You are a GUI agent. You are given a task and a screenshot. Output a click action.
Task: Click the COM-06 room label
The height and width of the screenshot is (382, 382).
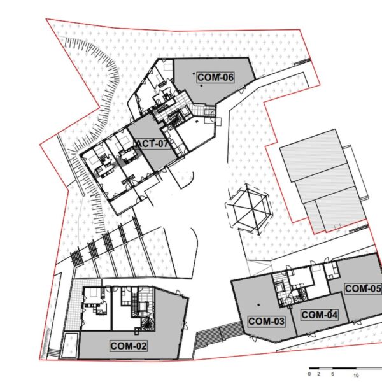(x=215, y=78)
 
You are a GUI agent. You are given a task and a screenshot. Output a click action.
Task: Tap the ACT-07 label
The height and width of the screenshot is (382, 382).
(x=153, y=144)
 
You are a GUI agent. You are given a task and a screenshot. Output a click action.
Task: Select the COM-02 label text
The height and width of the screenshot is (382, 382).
(x=129, y=346)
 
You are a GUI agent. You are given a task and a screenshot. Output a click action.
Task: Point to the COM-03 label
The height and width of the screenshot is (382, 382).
(x=266, y=322)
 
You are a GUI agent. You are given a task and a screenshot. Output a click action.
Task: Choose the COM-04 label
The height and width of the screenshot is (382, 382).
(x=320, y=315)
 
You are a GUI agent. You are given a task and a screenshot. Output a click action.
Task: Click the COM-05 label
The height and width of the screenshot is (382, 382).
(x=363, y=288)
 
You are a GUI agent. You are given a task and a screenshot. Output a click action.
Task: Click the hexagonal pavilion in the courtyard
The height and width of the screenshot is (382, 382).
(x=249, y=209)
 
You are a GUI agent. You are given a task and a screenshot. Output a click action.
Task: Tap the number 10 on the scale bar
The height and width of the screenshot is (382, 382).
(x=356, y=376)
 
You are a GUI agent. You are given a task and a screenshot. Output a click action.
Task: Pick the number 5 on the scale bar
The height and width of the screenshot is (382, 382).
(x=332, y=374)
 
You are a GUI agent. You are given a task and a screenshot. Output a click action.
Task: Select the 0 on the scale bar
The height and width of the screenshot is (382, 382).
(x=309, y=374)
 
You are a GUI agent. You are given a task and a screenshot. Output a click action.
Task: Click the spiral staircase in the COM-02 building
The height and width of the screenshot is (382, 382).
(x=148, y=324)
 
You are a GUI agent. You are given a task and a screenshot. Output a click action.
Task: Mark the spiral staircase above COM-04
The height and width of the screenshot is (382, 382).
(x=301, y=295)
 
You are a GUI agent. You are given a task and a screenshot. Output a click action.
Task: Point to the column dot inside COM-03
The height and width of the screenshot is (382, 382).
(x=258, y=304)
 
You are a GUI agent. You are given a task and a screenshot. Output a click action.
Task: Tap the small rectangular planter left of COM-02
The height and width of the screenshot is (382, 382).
(x=69, y=345)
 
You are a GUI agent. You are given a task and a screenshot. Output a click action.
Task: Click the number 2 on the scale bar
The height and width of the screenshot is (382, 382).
(x=318, y=374)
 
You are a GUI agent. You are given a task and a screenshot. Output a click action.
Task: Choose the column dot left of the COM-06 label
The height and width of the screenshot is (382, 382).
(x=194, y=73)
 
